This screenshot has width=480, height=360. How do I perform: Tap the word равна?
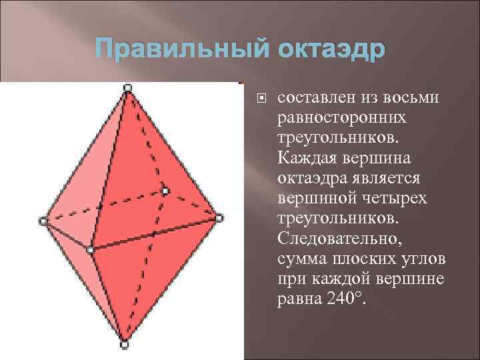pyautogui.click(x=297, y=299)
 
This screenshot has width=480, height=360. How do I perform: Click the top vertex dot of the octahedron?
pyautogui.click(x=127, y=87)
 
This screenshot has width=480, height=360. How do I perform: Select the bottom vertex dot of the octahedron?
pyautogui.click(x=124, y=345)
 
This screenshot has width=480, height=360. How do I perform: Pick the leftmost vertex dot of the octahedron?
pyautogui.click(x=43, y=220)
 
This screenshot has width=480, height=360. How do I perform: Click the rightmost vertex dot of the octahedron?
pyautogui.click(x=219, y=217)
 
